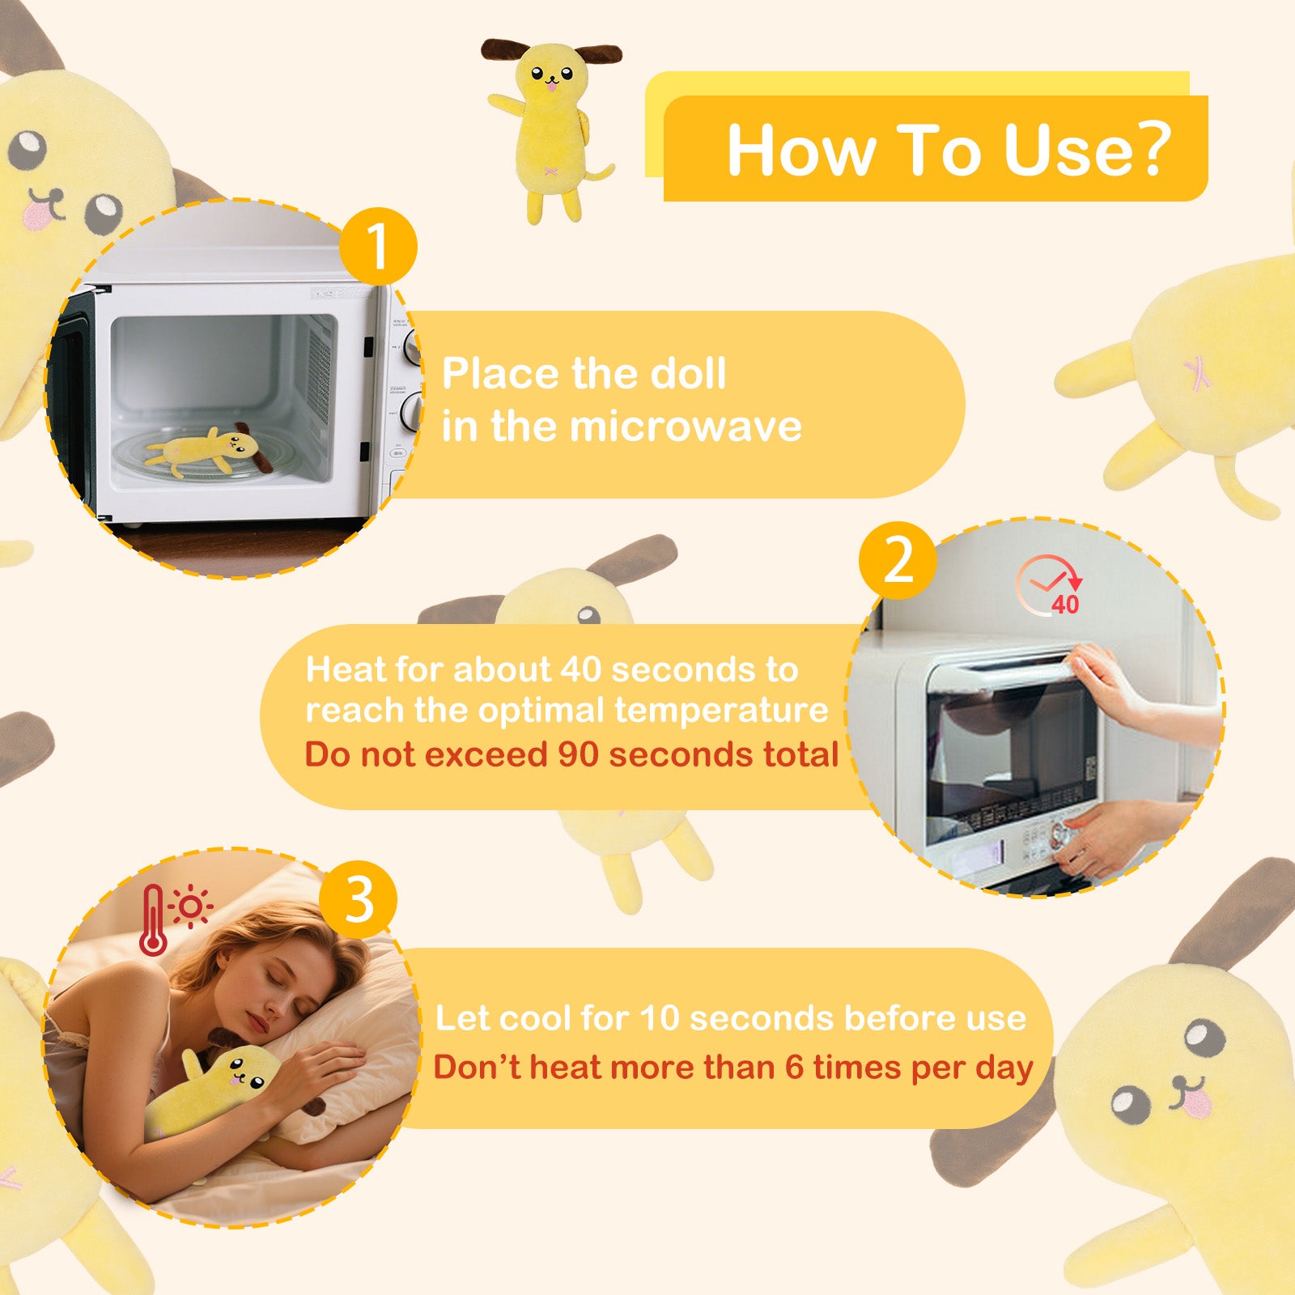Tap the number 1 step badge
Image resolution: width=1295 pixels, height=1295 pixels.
click(x=378, y=246)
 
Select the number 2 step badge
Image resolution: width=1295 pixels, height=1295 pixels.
click(x=898, y=560)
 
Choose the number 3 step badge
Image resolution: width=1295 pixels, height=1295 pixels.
click(x=359, y=899)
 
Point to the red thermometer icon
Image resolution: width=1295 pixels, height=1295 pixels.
click(x=153, y=920)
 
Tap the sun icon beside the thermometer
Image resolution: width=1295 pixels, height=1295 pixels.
click(x=191, y=906)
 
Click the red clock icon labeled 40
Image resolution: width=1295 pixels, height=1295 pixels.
click(x=1051, y=584)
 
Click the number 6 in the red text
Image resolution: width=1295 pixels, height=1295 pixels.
click(x=794, y=1068)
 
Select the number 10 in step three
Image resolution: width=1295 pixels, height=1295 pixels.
click(x=659, y=1018)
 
